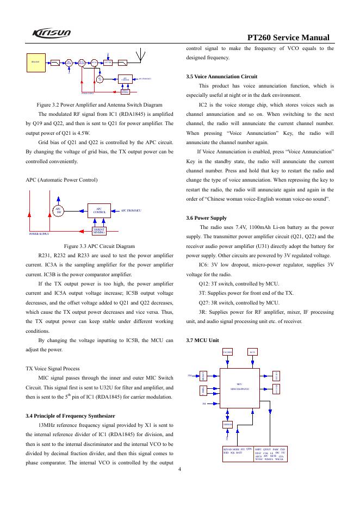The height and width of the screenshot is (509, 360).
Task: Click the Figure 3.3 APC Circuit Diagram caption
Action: point(100,245)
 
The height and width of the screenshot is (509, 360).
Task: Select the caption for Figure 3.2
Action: point(100,104)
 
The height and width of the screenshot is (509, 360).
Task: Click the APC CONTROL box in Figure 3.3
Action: point(98,210)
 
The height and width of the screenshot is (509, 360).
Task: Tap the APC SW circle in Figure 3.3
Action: point(59,210)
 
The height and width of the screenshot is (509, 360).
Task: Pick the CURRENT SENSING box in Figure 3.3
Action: point(98,231)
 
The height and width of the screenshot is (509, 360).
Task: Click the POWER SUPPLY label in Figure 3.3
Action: point(39,234)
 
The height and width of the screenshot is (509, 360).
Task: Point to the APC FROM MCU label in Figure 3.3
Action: point(131,210)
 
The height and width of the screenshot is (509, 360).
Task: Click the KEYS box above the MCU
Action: point(253,352)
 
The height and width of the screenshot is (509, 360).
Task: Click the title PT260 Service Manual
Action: point(289,39)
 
